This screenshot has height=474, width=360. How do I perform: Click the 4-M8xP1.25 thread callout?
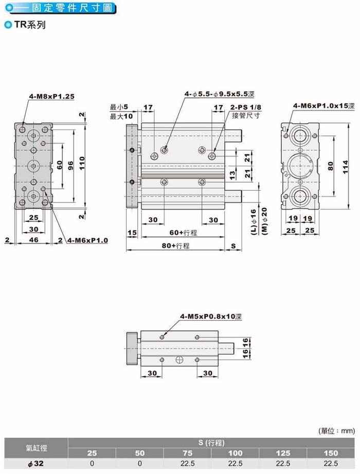pyautogui.click(x=51, y=96)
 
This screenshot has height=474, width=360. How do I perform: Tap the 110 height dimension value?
pyautogui.click(x=82, y=163)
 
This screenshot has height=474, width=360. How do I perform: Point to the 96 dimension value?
pyautogui.click(x=70, y=165)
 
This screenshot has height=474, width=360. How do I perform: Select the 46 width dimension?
pyautogui.click(x=33, y=240)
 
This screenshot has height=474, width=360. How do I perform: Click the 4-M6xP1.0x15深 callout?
pyautogui.click(x=324, y=106)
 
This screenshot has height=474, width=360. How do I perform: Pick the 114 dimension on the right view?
pyautogui.click(x=346, y=167)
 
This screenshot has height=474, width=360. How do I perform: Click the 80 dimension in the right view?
pyautogui.click(x=331, y=166)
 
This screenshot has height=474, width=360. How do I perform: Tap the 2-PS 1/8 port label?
pyautogui.click(x=246, y=108)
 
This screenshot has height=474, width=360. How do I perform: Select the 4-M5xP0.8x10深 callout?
pyautogui.click(x=211, y=317)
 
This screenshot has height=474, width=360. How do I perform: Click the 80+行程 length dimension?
pyautogui.click(x=175, y=246)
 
